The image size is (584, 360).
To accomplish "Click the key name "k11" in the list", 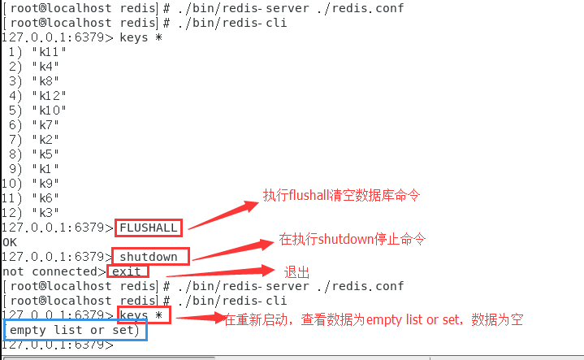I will [x=48, y=51].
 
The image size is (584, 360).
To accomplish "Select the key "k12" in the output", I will [x=48, y=95].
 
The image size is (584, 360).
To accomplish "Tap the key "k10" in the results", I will [x=48, y=110].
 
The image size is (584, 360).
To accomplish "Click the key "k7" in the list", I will [x=45, y=124].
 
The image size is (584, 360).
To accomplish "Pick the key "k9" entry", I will [x=45, y=183].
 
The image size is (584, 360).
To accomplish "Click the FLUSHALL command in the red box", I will [x=149, y=228].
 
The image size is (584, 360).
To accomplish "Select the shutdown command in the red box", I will [x=152, y=257].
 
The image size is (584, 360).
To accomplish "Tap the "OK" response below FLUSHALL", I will [x=10, y=242].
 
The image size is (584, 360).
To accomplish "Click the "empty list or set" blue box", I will [x=75, y=330].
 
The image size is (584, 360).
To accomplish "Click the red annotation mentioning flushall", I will [x=340, y=196].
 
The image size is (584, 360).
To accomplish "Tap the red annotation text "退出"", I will [x=296, y=271].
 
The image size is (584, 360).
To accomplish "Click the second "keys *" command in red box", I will [x=145, y=314].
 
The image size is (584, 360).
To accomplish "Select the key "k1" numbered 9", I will [x=45, y=168].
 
